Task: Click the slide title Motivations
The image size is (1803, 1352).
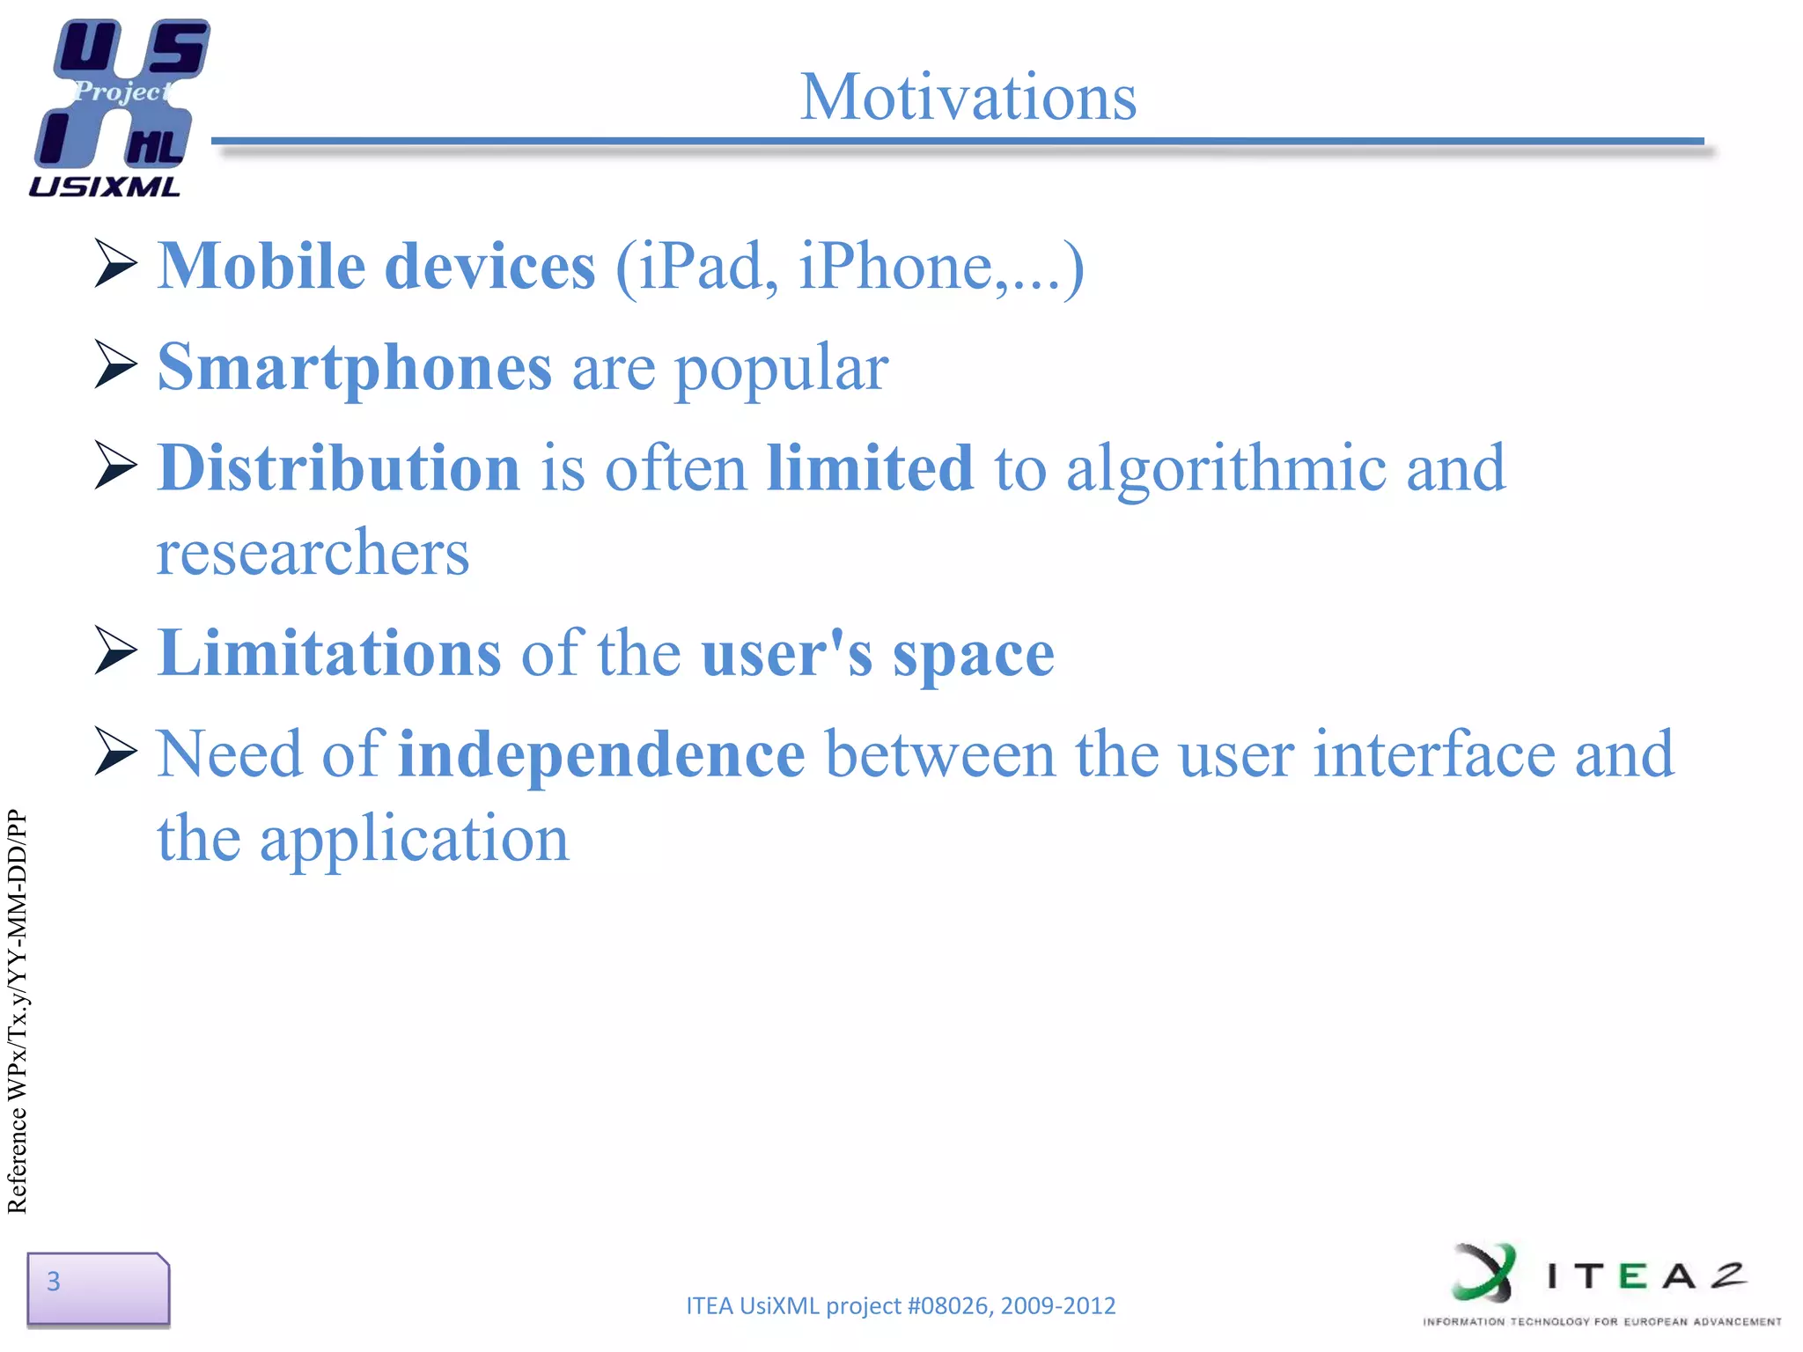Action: click(x=968, y=97)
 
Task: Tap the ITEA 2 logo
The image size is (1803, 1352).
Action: click(x=1601, y=1283)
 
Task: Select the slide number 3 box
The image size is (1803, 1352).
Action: click(x=98, y=1288)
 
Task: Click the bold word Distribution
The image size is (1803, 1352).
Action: click(x=339, y=468)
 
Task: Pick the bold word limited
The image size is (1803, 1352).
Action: click(x=869, y=468)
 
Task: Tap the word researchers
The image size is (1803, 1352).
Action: click(x=313, y=553)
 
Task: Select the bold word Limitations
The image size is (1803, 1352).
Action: click(x=328, y=654)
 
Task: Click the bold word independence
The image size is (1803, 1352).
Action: click(x=600, y=755)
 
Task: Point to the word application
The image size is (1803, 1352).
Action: click(x=414, y=840)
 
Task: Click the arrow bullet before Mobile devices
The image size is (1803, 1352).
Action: click(x=115, y=263)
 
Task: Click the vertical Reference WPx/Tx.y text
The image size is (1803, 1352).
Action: click(x=18, y=1011)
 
